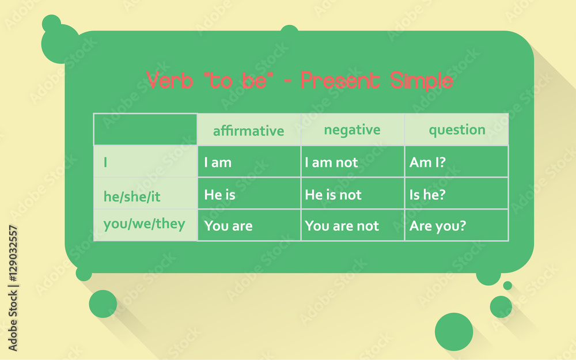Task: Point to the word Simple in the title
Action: click(x=422, y=81)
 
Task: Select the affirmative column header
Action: click(x=249, y=131)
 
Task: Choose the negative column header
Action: click(x=352, y=130)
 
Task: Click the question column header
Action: click(x=457, y=130)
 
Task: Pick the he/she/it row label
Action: click(x=132, y=196)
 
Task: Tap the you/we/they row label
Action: click(x=144, y=224)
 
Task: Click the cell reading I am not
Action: click(x=331, y=162)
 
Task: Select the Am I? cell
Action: click(x=427, y=162)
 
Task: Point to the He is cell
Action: click(x=220, y=195)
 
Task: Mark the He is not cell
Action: click(x=333, y=195)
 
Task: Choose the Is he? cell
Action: click(x=427, y=195)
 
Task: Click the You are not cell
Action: click(x=342, y=226)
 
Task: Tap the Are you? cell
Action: click(x=437, y=226)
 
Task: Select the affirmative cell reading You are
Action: click(x=229, y=226)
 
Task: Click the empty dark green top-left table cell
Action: click(x=145, y=129)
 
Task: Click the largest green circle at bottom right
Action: click(x=454, y=332)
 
